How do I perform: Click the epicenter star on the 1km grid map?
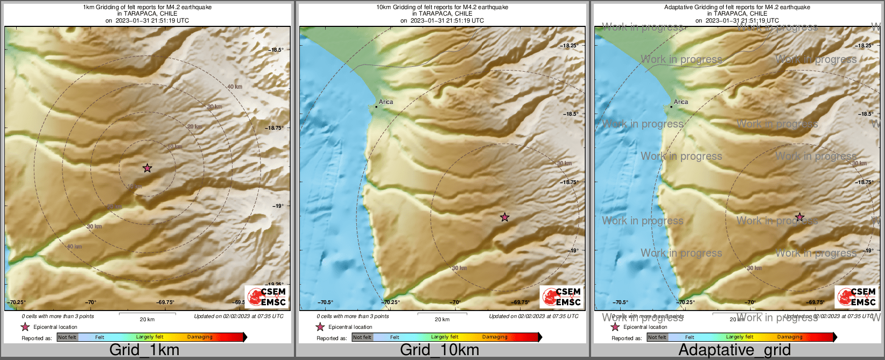147,168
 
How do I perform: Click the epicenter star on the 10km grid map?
504,217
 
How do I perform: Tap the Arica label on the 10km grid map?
386,102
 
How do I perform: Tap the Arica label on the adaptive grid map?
681,102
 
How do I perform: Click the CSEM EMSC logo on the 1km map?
266,297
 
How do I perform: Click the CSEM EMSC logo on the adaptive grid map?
856,297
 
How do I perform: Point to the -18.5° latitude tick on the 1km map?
276,50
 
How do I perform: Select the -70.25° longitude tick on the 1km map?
16,302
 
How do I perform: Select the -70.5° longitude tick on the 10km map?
325,302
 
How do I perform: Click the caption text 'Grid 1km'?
144,350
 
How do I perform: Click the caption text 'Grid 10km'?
439,350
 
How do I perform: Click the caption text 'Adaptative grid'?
734,350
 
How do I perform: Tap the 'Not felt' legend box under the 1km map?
67,337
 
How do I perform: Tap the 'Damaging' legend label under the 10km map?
495,337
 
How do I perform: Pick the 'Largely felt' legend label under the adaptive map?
740,337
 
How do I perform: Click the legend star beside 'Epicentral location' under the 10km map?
320,327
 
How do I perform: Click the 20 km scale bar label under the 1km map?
147,319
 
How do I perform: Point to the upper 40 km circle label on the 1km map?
234,87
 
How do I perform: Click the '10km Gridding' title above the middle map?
442,8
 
